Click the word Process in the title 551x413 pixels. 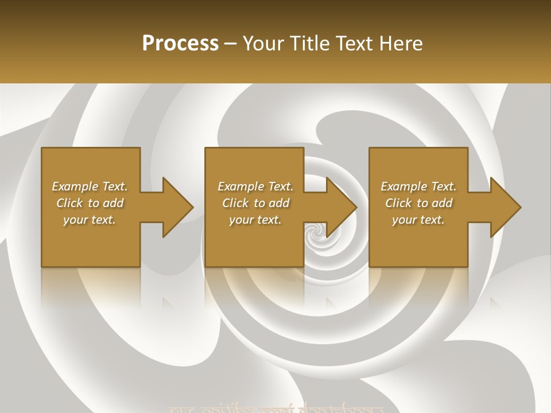coord(180,44)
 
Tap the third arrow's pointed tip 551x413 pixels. coord(520,207)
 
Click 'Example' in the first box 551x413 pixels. coord(75,186)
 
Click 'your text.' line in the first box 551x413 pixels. coord(90,220)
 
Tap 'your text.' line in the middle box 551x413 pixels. coord(255,220)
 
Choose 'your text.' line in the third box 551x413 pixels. coord(418,220)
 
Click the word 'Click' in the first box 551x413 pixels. coord(69,203)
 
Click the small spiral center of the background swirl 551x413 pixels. coord(314,232)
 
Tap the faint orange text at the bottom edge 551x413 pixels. coord(275,408)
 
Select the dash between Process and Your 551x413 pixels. coord(231,44)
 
